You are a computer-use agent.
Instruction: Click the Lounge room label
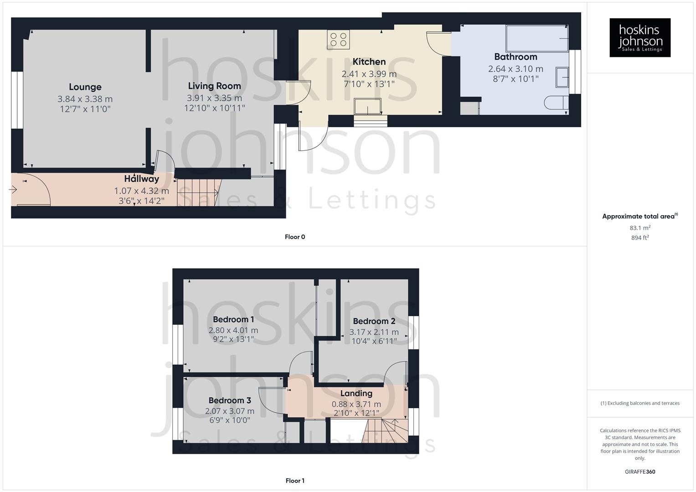coord(85,87)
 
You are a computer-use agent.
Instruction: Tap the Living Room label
coord(214,86)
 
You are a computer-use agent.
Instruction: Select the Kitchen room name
coord(369,62)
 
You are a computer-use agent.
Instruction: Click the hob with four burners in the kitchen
coord(338,39)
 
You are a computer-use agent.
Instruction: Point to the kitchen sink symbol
coord(368,107)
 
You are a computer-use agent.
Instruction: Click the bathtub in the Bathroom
coord(537,39)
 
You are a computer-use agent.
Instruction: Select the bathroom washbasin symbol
coord(562,77)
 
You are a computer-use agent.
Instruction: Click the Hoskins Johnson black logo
coord(640,37)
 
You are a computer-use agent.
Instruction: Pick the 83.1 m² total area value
coord(640,228)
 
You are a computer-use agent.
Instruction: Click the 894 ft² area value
coord(640,238)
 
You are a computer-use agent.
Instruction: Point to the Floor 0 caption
coord(295,237)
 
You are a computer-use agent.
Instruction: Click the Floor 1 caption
coord(295,481)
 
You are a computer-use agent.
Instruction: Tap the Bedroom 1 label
coord(233,320)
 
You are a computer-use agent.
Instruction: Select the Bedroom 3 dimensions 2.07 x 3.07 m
coord(230,411)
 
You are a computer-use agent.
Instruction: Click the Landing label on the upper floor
coord(356,394)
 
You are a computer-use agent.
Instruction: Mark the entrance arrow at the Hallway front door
coord(13,190)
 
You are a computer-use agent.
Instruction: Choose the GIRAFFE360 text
coord(640,472)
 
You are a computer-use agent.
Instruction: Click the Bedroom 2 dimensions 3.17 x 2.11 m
coord(374,332)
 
